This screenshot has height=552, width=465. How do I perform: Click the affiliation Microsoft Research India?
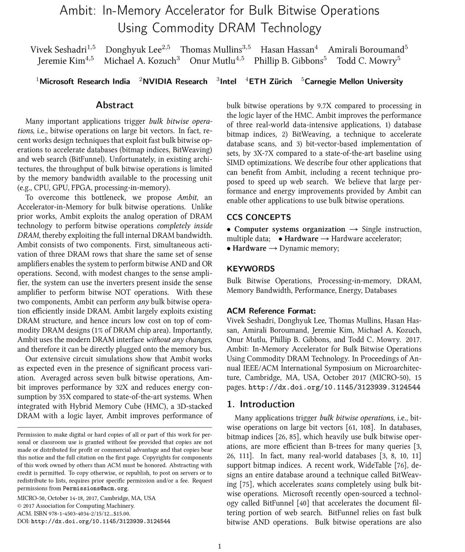pyautogui.click(x=85, y=81)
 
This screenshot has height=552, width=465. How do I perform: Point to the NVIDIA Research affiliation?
pyautogui.click(x=175, y=81)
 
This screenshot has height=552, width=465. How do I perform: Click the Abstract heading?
pyautogui.click(x=115, y=105)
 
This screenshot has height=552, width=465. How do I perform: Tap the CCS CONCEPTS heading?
pyautogui.click(x=259, y=217)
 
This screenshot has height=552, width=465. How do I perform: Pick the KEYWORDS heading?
pyautogui.click(x=250, y=269)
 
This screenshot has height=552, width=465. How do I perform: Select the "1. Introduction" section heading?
pyautogui.click(x=261, y=404)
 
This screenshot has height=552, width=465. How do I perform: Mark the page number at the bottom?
pyautogui.click(x=219, y=546)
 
